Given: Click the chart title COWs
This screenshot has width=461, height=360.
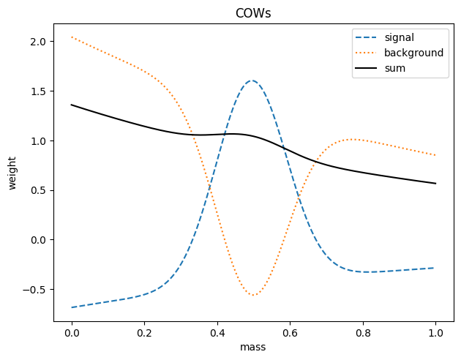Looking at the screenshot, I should coord(253,14).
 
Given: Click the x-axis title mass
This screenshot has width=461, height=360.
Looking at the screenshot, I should coord(253,348).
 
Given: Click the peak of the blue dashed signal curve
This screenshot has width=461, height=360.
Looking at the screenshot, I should coord(251,80).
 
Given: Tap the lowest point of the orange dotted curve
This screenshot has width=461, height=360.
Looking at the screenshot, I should coord(253,296).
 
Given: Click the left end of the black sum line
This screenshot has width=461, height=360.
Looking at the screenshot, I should coord(72,105).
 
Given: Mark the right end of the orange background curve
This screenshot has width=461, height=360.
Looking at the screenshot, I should coord(435,155).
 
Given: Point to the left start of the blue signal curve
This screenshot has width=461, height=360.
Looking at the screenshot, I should coord(72,307).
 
